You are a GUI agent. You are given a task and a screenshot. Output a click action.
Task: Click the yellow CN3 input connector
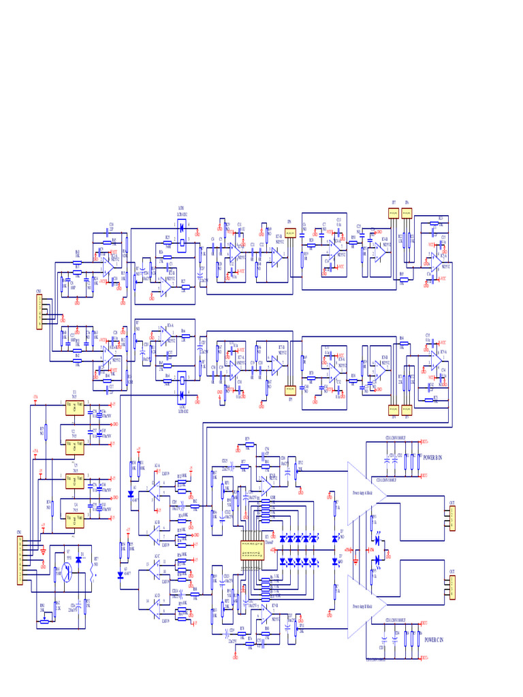point(39,312)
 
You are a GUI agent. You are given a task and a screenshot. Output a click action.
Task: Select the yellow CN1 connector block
point(20,560)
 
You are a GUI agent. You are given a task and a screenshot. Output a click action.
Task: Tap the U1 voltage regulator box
point(74,408)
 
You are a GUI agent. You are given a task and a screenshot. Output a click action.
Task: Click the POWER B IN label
point(433,457)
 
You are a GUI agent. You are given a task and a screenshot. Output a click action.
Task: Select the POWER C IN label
point(433,640)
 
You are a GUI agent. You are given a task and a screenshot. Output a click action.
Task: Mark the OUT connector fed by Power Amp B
point(451,588)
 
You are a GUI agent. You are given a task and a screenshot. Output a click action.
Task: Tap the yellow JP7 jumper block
point(393,212)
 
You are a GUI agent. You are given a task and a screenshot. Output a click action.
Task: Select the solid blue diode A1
point(131,495)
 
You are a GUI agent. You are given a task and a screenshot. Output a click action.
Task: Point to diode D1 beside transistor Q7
point(79,559)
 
